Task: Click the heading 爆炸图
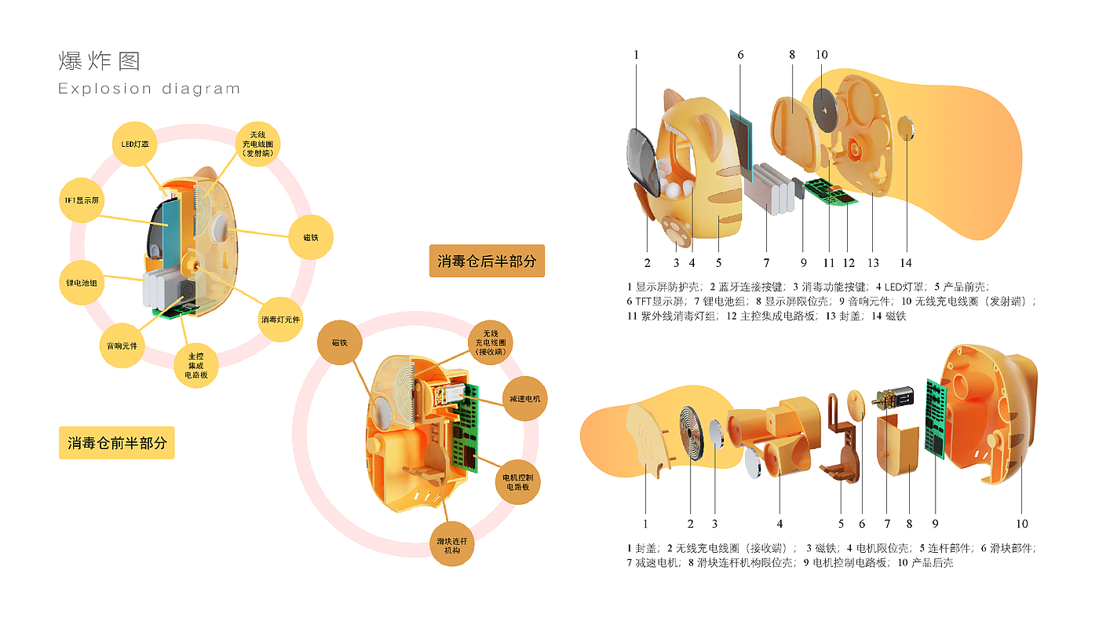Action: pyautogui.click(x=100, y=61)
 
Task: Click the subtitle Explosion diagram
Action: pyautogui.click(x=149, y=89)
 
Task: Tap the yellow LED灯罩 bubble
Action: pyautogui.click(x=135, y=144)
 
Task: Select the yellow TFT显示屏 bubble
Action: pyautogui.click(x=82, y=200)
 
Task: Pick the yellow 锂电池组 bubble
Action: pyautogui.click(x=82, y=283)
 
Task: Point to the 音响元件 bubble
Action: pyautogui.click(x=122, y=346)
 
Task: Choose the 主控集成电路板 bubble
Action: pyautogui.click(x=195, y=365)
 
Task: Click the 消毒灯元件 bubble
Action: pyautogui.click(x=280, y=320)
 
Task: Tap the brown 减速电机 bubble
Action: pyautogui.click(x=524, y=399)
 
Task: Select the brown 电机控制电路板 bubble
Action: pyautogui.click(x=517, y=482)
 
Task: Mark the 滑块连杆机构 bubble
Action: pyautogui.click(x=452, y=544)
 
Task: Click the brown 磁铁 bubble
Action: pyautogui.click(x=339, y=342)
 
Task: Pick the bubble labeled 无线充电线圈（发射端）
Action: pyautogui.click(x=257, y=144)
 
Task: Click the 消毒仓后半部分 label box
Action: pyautogui.click(x=487, y=261)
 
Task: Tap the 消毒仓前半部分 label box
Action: pyautogui.click(x=117, y=443)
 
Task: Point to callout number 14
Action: pyautogui.click(x=906, y=263)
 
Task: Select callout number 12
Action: pyautogui.click(x=849, y=263)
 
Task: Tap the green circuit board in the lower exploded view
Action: pyautogui.click(x=936, y=419)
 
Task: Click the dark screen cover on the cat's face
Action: pyautogui.click(x=644, y=162)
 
